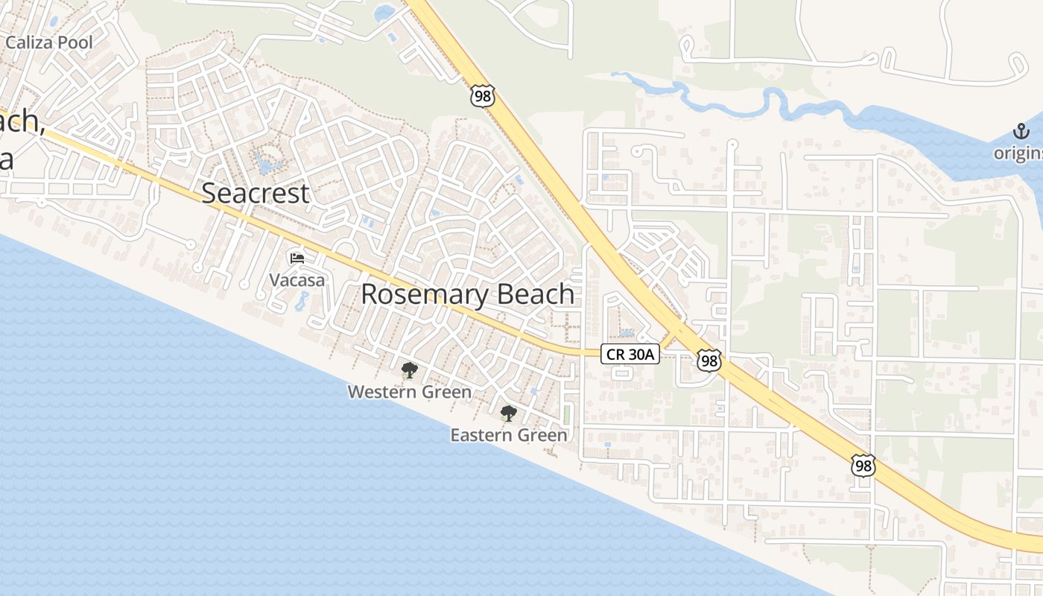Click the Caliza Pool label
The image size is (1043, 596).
tap(49, 42)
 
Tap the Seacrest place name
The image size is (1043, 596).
tap(256, 194)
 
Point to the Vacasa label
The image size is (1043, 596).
tap(297, 280)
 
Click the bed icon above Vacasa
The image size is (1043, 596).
tap(297, 259)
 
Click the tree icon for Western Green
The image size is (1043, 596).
tap(409, 370)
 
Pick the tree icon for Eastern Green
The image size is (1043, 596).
tap(509, 413)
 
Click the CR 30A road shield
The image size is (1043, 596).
tap(630, 355)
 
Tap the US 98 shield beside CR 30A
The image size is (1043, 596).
tap(709, 361)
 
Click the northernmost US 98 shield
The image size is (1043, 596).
tap(482, 95)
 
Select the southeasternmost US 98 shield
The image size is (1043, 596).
tap(863, 466)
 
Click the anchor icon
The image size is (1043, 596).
tap(1020, 133)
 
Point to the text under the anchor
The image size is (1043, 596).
tap(1018, 153)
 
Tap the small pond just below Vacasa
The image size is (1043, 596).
tap(302, 301)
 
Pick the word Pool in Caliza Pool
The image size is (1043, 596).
tap(76, 42)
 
